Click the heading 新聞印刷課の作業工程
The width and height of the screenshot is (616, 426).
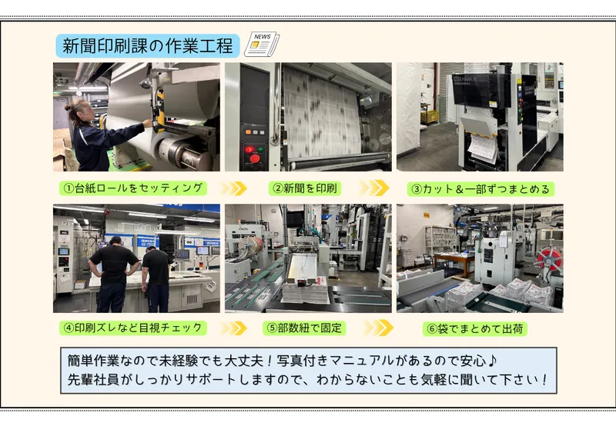(148, 46)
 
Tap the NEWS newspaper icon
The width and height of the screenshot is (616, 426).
(262, 44)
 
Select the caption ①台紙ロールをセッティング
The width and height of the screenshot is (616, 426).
(133, 188)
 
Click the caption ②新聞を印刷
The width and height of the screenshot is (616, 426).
(305, 188)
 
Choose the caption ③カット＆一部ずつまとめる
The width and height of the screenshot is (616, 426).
(480, 189)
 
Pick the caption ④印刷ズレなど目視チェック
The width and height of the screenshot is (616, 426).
(133, 328)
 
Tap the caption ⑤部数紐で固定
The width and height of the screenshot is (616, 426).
(304, 328)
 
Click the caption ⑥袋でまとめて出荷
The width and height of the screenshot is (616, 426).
(475, 328)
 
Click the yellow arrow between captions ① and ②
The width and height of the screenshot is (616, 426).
(234, 188)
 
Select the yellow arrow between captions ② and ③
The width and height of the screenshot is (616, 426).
(374, 188)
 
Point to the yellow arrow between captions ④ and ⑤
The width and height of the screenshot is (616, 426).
(234, 328)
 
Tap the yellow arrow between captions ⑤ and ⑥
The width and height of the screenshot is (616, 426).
(378, 328)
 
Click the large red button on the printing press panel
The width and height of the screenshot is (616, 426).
(255, 158)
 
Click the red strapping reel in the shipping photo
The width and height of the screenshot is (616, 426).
(550, 258)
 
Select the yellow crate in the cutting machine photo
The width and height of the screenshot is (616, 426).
(429, 117)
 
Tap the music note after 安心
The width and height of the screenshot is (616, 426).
(492, 361)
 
